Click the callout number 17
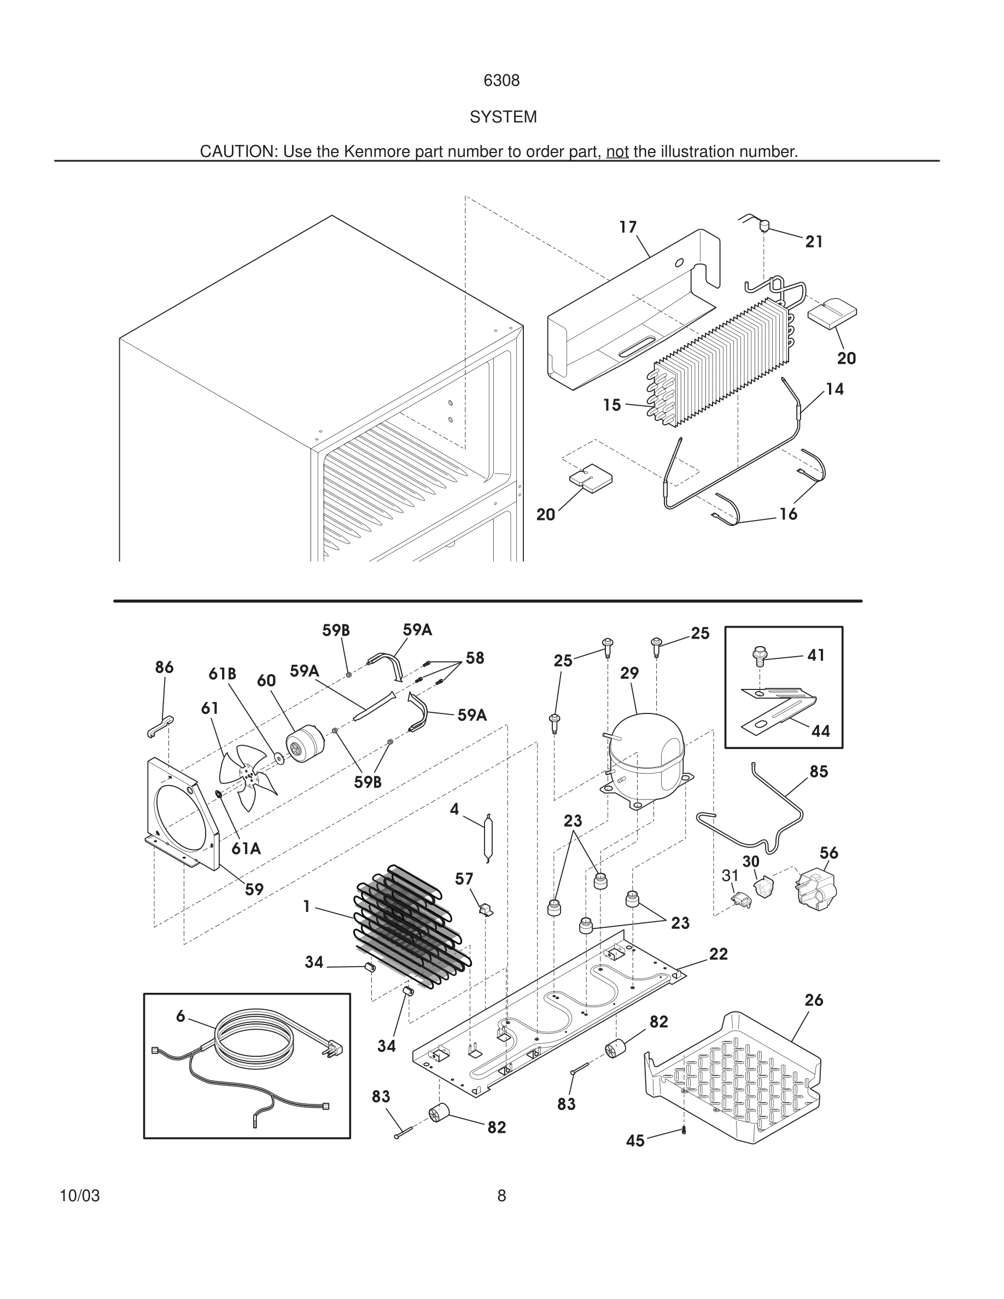point(628,227)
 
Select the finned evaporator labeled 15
point(720,363)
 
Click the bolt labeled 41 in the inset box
point(758,656)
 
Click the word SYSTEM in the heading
point(503,117)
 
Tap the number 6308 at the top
point(501,81)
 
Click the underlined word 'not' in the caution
point(617,153)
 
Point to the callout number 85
point(819,771)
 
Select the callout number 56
point(828,853)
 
